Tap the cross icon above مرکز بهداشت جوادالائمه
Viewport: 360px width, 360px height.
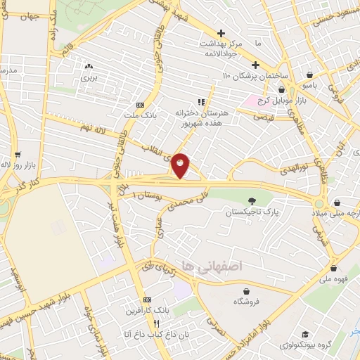pyautogui.click(x=221, y=33)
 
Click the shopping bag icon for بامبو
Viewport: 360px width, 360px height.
pyautogui.click(x=310, y=75)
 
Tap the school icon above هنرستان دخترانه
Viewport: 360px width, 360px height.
pyautogui.click(x=201, y=101)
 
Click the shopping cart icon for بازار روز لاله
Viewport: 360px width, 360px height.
pyautogui.click(x=18, y=153)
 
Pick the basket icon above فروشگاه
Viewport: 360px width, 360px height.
pyautogui.click(x=246, y=290)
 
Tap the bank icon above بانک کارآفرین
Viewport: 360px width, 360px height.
pyautogui.click(x=147, y=300)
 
